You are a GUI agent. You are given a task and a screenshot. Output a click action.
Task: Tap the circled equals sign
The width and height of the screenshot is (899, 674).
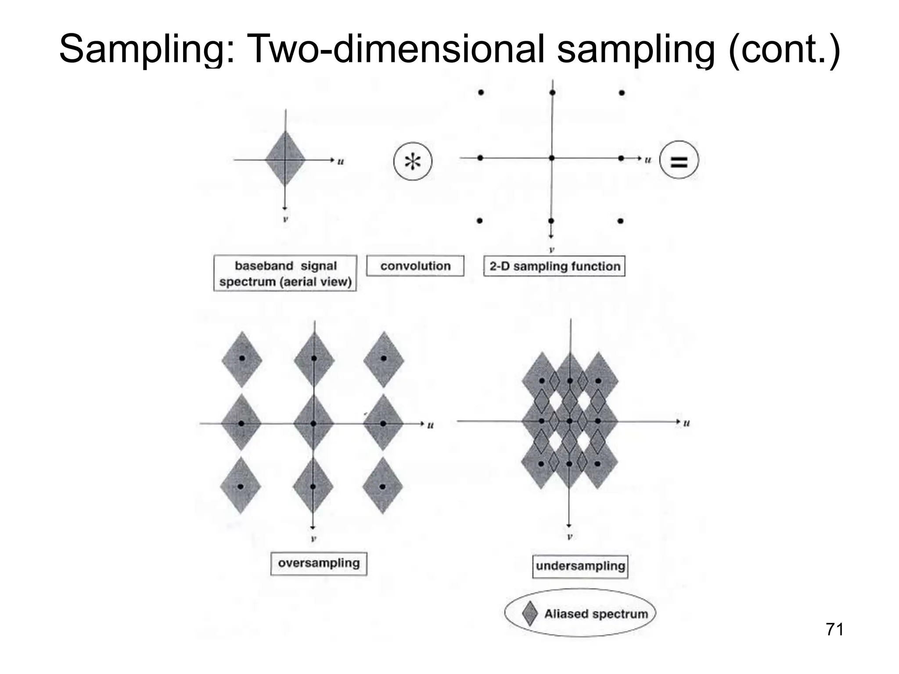click(x=679, y=161)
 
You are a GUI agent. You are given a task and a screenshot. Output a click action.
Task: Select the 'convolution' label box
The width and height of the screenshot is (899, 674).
click(x=415, y=266)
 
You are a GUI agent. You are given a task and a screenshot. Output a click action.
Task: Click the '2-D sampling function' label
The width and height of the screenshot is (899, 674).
click(x=554, y=266)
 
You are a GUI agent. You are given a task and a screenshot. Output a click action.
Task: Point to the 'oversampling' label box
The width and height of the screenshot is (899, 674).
click(x=319, y=563)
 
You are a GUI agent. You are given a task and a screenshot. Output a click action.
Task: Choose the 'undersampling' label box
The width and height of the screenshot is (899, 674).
click(x=580, y=566)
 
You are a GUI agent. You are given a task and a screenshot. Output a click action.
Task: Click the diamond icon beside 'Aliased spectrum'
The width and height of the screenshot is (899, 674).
click(x=530, y=613)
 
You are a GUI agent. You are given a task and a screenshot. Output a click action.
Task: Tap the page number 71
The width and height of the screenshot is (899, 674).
click(x=834, y=630)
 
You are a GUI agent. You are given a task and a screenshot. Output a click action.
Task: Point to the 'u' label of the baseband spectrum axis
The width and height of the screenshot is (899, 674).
click(x=341, y=161)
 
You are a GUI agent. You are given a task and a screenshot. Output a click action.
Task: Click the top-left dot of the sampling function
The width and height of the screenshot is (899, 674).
click(x=481, y=93)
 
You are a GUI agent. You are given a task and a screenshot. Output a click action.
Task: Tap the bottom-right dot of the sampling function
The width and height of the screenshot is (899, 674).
click(x=620, y=221)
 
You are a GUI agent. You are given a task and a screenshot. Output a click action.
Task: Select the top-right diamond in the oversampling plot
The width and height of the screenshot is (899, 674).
click(x=384, y=359)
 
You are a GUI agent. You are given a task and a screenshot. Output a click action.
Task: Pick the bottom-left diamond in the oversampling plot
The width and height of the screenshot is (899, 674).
click(x=240, y=486)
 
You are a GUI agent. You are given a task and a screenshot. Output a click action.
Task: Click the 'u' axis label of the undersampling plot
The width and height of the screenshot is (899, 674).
click(x=687, y=423)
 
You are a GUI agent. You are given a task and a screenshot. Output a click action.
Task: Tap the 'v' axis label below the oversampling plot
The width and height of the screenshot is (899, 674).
click(x=313, y=538)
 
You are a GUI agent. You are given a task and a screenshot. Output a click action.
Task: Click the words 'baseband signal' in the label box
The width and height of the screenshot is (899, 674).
click(x=285, y=266)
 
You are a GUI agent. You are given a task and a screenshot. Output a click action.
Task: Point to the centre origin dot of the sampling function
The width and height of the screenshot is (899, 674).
click(x=552, y=158)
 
